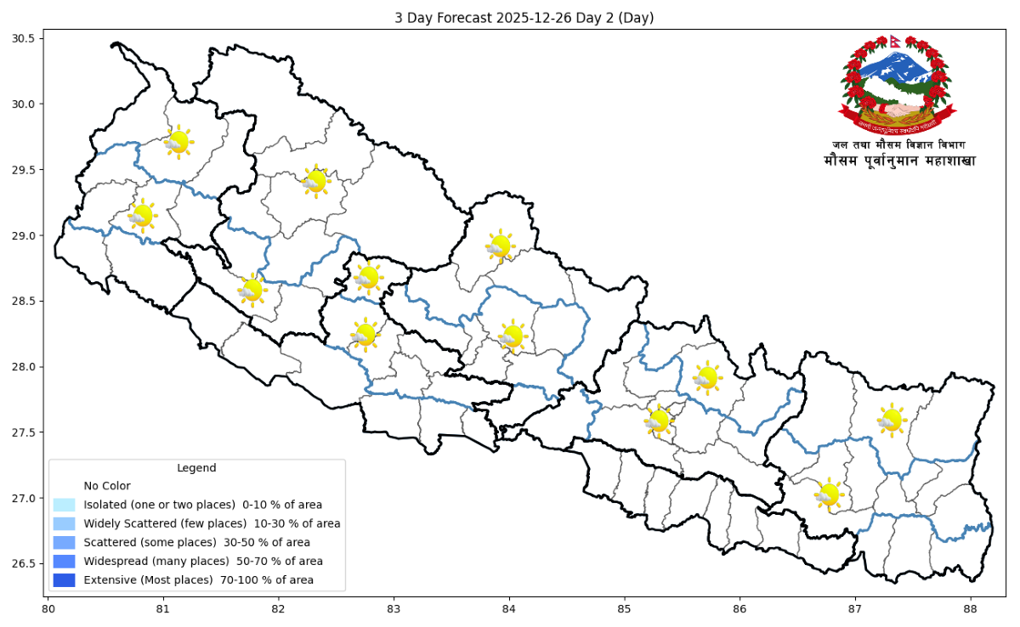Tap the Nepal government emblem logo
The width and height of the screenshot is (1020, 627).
click(x=898, y=85)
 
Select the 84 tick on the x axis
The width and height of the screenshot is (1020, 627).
click(x=508, y=608)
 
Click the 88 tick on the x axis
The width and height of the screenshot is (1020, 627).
click(x=970, y=608)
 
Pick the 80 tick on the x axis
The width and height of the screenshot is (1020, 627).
click(x=48, y=608)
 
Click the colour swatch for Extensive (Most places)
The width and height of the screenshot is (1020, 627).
click(x=64, y=580)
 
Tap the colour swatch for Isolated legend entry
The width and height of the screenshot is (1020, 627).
click(x=64, y=505)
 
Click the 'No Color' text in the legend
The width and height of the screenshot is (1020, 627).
click(x=107, y=486)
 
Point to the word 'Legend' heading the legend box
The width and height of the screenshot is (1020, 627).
click(x=196, y=468)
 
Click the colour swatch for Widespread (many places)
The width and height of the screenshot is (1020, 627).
click(x=64, y=562)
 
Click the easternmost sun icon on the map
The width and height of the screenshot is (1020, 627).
click(x=891, y=420)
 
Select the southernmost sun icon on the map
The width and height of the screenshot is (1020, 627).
click(x=827, y=494)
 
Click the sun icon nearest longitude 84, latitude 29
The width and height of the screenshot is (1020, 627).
click(x=500, y=246)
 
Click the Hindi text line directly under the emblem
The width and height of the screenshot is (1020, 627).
click(x=898, y=145)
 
